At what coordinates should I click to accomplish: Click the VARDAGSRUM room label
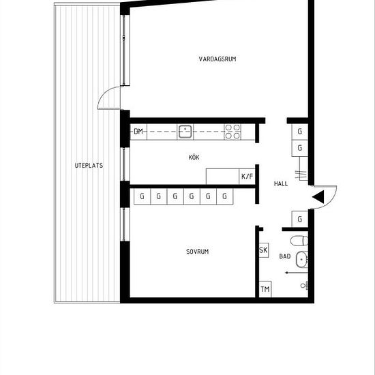217,59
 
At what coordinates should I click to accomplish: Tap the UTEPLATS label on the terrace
89,166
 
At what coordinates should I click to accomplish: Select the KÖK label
194,157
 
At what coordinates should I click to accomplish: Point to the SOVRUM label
197,252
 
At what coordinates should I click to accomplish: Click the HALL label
280,184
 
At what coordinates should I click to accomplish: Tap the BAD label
284,256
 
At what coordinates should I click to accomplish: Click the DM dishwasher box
138,132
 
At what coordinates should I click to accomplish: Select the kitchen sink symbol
184,131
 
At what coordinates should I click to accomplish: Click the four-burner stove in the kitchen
232,131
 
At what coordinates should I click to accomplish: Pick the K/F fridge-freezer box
246,177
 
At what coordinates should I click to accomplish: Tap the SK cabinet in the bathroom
263,251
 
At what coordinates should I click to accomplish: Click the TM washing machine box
265,290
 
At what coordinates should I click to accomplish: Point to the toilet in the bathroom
298,240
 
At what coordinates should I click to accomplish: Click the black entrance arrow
318,197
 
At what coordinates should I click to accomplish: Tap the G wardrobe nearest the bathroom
300,219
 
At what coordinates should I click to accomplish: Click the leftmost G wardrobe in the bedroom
142,196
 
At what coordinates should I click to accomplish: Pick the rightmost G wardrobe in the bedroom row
225,196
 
